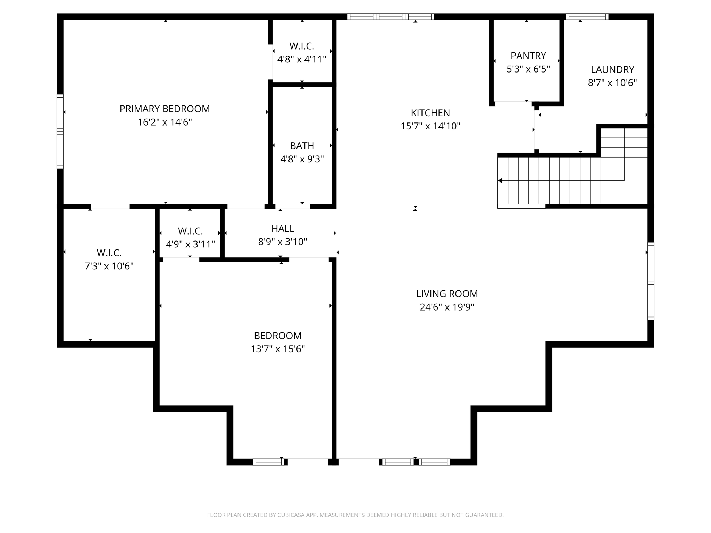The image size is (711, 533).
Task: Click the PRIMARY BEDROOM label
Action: point(165,109)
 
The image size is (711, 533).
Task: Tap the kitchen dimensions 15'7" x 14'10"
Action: point(430,126)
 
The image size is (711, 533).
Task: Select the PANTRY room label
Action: point(528,56)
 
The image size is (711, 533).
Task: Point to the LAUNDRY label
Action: point(612,69)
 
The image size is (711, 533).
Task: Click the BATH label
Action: point(302,146)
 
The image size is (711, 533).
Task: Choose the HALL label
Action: point(283,229)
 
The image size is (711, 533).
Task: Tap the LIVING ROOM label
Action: point(447,294)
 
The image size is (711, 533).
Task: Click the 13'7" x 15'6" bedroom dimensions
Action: point(278,349)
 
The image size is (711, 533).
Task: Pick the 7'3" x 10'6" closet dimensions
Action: point(109,266)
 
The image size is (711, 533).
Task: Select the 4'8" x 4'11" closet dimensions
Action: point(302,59)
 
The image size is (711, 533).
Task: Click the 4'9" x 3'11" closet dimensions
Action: point(190,244)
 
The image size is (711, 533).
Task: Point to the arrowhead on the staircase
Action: point(500,181)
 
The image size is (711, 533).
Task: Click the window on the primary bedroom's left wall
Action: point(60,132)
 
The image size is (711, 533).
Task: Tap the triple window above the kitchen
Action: point(391,17)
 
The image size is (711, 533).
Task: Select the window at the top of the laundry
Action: point(587,17)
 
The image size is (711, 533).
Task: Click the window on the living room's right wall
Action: point(651,281)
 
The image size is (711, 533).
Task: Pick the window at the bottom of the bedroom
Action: point(269,462)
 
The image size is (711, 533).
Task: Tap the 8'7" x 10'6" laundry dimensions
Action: point(612,83)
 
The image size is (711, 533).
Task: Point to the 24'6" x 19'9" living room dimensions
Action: point(447,307)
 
